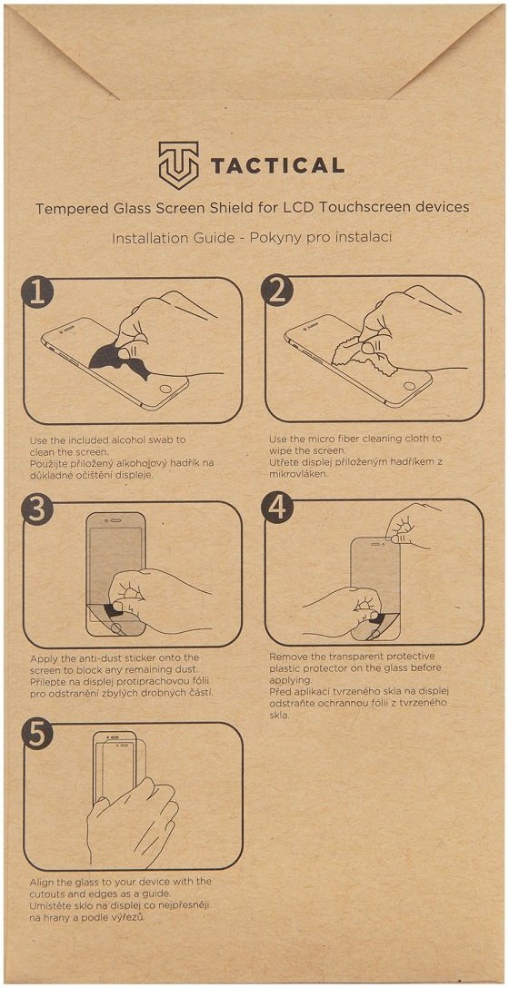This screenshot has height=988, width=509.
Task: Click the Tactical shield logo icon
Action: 178,165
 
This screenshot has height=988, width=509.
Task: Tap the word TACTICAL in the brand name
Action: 277,165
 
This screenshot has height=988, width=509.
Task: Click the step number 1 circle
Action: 37,294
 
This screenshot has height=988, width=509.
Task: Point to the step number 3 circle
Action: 37,511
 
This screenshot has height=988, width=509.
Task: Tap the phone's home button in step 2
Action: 409,388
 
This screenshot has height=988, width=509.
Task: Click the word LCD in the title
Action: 337,208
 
